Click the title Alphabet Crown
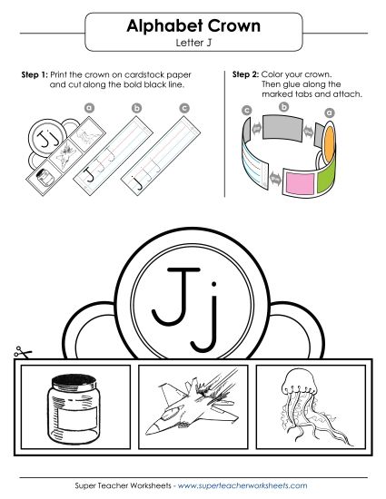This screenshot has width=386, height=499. click(x=193, y=27)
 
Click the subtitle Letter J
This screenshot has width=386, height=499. click(x=193, y=43)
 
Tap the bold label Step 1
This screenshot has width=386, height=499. click(x=35, y=73)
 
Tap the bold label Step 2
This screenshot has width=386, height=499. click(x=246, y=73)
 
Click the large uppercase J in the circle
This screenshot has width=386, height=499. click(x=170, y=293)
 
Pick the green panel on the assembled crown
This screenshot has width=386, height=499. click(x=329, y=165)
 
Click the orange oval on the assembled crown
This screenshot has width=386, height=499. click(x=331, y=138)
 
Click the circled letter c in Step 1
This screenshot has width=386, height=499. click(x=184, y=106)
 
